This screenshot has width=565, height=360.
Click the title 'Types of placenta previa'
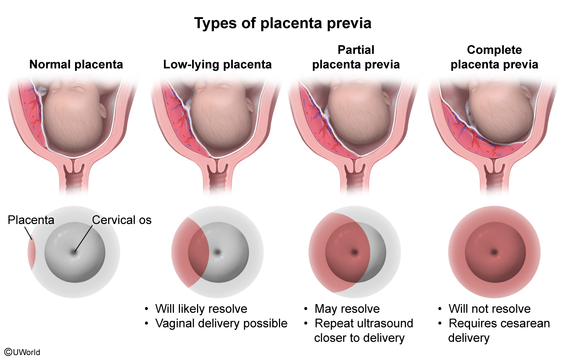coord(282,23)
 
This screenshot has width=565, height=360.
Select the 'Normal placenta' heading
coord(76,65)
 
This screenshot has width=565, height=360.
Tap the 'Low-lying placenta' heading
coord(218,65)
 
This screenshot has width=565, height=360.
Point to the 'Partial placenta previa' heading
coord(356,57)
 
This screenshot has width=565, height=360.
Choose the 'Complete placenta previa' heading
coord(494,57)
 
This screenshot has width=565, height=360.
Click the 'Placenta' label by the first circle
coord(31,220)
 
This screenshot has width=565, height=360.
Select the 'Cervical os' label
coord(122,220)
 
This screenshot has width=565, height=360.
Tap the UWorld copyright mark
coord(22,352)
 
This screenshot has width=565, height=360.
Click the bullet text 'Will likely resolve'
coord(201,309)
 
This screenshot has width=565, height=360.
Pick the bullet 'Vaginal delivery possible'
coord(222,323)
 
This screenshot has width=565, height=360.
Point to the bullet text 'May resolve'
coord(347,309)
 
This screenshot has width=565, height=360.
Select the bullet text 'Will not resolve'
coord(490,309)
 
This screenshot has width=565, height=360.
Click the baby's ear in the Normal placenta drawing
coord(103,111)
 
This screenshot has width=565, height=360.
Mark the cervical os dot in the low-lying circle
coord(218,252)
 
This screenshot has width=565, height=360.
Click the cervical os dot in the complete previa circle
coord(494,252)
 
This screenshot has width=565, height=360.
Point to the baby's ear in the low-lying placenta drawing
coord(250,105)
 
